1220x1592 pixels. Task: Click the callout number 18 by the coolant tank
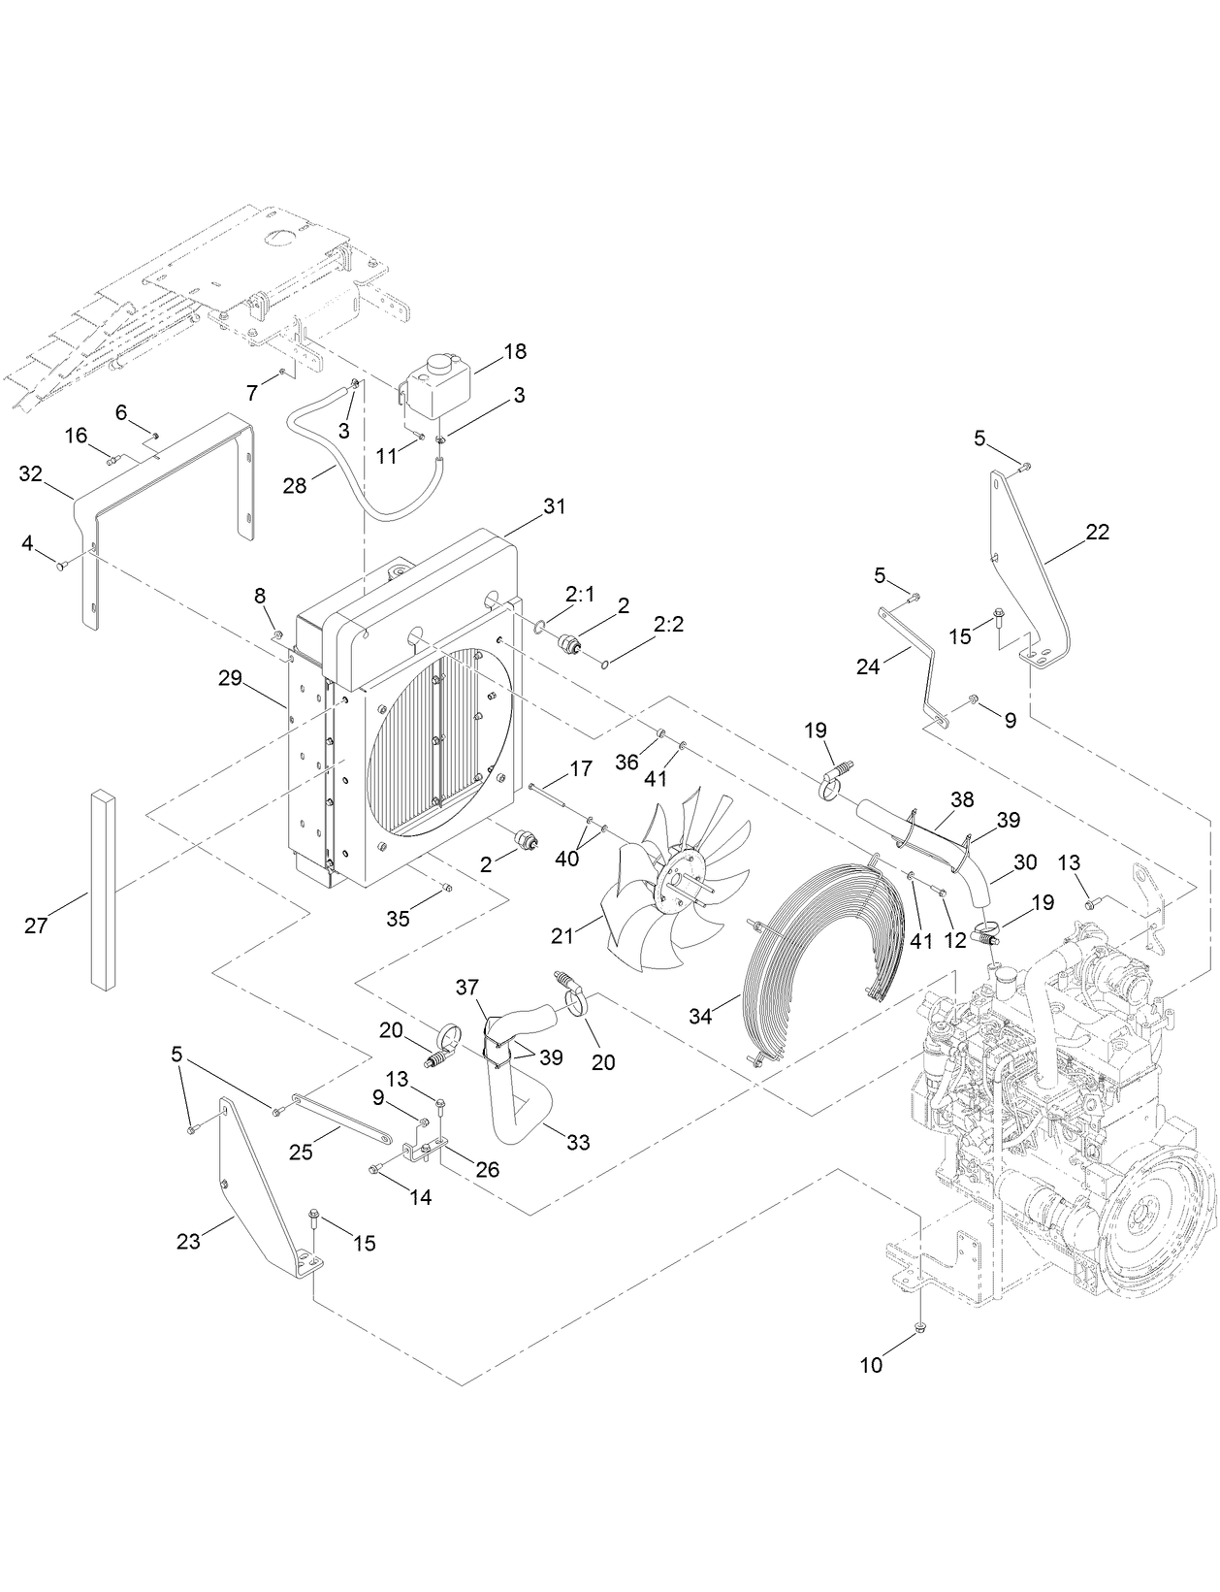[x=514, y=351]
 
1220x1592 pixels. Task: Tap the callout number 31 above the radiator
[x=554, y=506]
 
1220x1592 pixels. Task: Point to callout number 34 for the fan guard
[x=701, y=1016]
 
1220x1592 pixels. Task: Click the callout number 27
[x=36, y=926]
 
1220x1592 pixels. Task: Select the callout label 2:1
[x=581, y=595]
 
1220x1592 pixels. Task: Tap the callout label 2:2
[x=668, y=625]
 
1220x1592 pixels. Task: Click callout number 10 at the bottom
[x=872, y=1365]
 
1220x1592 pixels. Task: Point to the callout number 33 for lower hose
[x=578, y=1143]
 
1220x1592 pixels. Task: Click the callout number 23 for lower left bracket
[x=188, y=1240]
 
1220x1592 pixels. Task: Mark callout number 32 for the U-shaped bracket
[x=31, y=473]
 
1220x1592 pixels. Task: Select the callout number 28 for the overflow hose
[x=295, y=486]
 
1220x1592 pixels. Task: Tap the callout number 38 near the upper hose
[x=962, y=799]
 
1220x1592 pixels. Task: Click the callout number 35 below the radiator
[x=398, y=919]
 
